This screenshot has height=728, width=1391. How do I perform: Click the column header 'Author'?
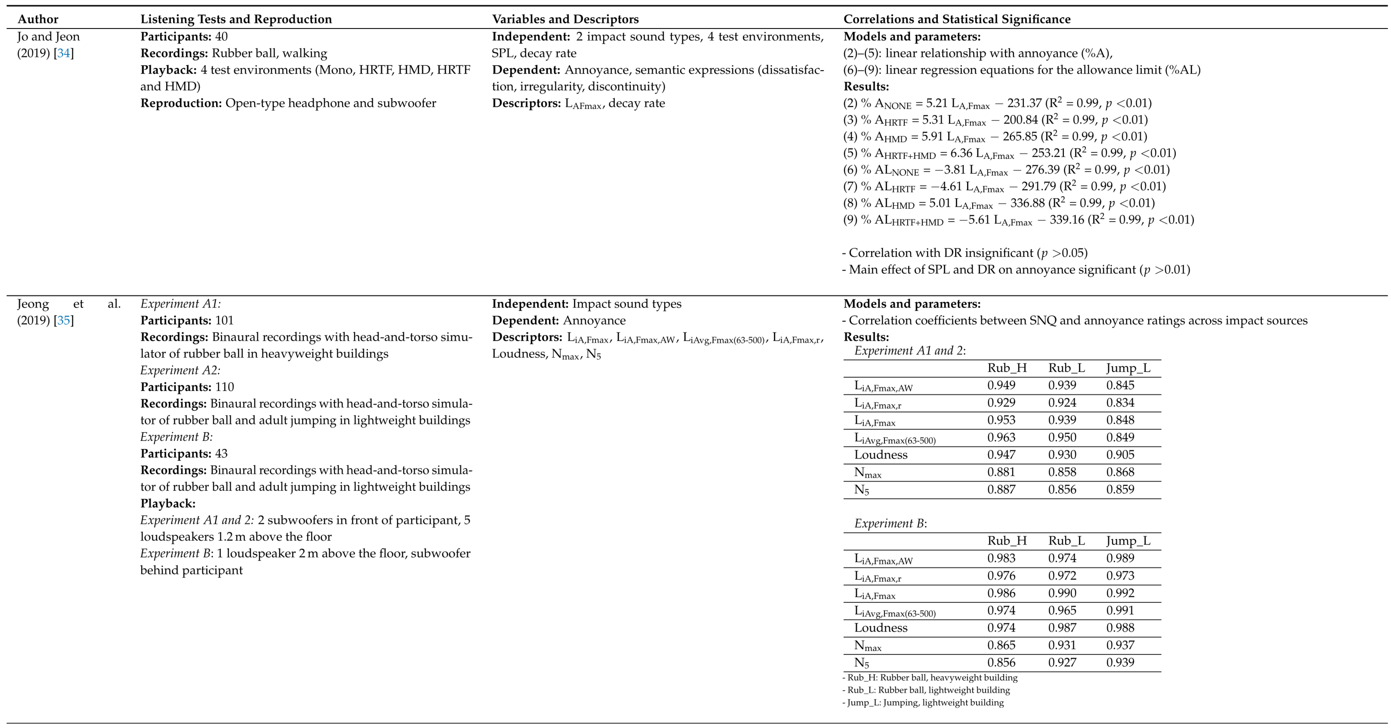[38, 19]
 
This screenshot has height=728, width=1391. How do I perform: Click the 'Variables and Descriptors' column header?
[565, 19]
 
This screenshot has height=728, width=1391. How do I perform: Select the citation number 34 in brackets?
[64, 53]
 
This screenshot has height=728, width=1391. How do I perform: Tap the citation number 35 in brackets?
[64, 320]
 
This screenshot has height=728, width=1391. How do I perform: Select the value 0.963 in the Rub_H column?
[1001, 437]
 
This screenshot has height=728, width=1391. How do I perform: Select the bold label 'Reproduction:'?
[181, 103]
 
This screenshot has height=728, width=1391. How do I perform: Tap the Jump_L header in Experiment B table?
[1128, 541]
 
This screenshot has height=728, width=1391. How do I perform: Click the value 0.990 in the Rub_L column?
[1062, 593]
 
